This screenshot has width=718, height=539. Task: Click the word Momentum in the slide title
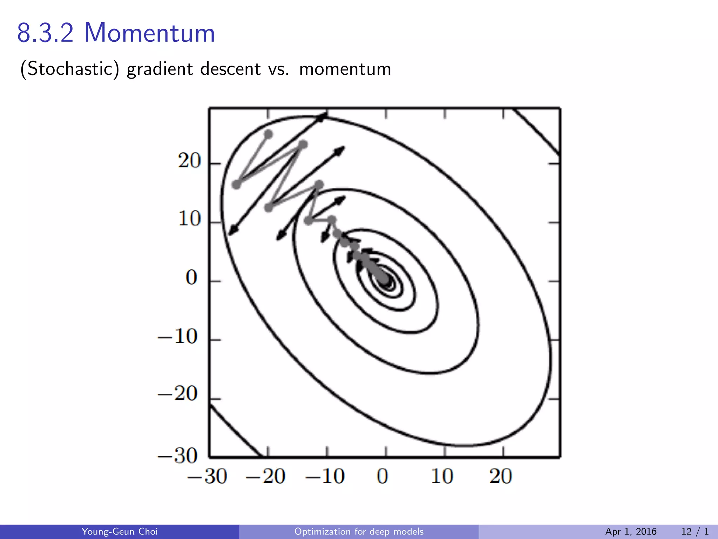149,33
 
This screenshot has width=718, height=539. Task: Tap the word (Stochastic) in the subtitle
69,69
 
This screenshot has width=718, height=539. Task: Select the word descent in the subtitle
230,69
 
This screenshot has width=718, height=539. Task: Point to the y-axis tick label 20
189,161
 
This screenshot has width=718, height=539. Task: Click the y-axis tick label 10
189,219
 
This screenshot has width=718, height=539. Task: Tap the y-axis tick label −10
178,337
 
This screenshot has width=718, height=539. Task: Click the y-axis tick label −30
178,456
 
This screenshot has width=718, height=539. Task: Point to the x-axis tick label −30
207,476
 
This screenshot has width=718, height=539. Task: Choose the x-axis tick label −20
266,476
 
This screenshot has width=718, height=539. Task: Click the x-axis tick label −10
325,476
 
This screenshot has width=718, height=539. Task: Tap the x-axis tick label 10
442,476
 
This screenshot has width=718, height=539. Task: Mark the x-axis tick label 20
501,476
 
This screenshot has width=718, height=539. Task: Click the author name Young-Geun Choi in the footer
120,532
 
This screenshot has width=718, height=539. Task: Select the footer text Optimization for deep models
359,532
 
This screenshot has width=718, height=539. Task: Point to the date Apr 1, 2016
631,532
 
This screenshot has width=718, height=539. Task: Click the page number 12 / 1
695,532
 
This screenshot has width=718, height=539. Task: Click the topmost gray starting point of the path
268,134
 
